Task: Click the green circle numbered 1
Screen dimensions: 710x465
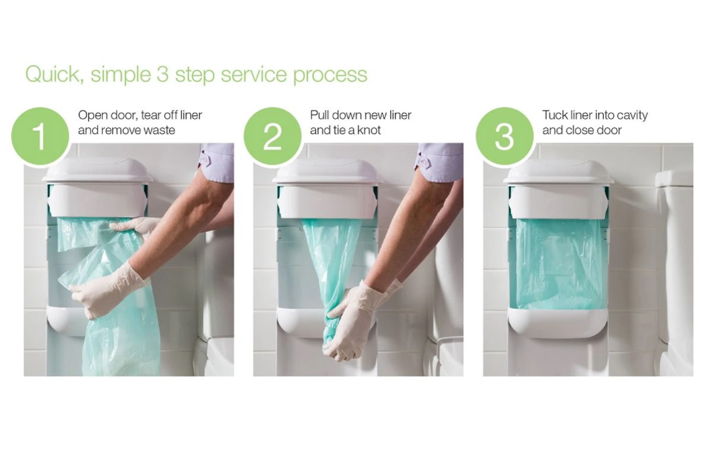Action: click(40, 137)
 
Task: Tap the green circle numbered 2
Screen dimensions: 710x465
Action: click(273, 137)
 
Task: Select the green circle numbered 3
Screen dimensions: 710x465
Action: click(505, 137)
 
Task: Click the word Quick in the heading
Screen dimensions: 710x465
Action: click(53, 75)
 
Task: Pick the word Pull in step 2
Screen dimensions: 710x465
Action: click(318, 115)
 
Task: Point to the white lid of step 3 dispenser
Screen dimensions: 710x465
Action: click(558, 172)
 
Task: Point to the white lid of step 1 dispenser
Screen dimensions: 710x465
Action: click(98, 170)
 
